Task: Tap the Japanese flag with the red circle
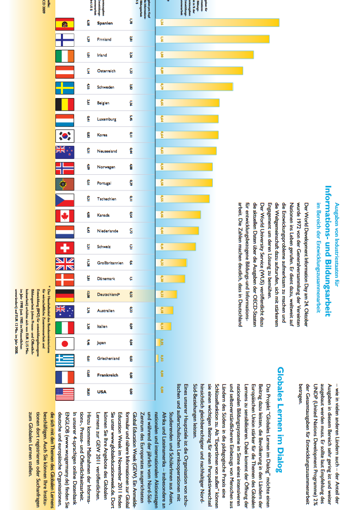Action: [64, 343]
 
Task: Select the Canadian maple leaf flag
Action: [64, 215]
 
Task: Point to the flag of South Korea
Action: [64, 136]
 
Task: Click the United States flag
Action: [64, 392]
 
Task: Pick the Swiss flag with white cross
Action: [64, 247]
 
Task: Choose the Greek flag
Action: [64, 359]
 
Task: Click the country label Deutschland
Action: [108, 295]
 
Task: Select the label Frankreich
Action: [107, 375]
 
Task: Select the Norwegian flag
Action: [64, 168]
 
